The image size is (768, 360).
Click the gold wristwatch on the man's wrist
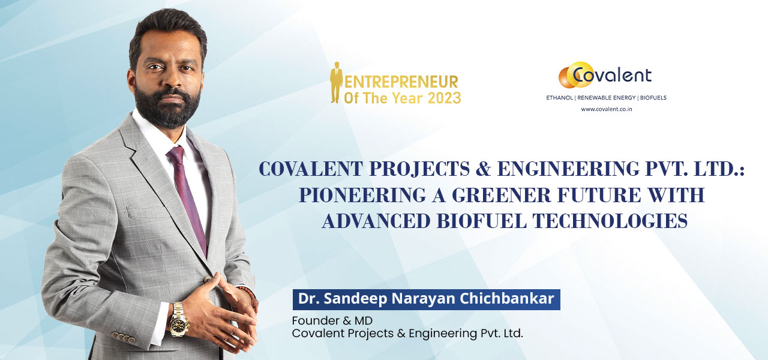pyautogui.click(x=179, y=320)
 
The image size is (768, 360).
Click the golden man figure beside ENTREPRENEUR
pyautogui.click(x=337, y=82)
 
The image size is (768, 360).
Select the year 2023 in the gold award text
pyautogui.click(x=445, y=98)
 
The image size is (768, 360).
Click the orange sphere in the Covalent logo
pyautogui.click(x=566, y=78)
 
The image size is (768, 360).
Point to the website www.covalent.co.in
pyautogui.click(x=606, y=109)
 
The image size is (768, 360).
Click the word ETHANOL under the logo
pyautogui.click(x=559, y=98)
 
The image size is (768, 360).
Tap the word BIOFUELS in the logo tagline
pyautogui.click(x=653, y=98)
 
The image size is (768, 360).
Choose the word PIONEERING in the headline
pyautogui.click(x=362, y=195)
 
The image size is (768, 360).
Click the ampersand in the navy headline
pyautogui.click(x=483, y=169)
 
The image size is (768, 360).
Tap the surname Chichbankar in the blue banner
pyautogui.click(x=507, y=299)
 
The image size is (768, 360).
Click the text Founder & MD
pyautogui.click(x=332, y=320)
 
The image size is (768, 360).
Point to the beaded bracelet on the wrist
pyautogui.click(x=250, y=298)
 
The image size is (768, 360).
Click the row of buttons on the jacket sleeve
pyautogui.click(x=124, y=337)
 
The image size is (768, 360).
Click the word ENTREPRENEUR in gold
pyautogui.click(x=401, y=82)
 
